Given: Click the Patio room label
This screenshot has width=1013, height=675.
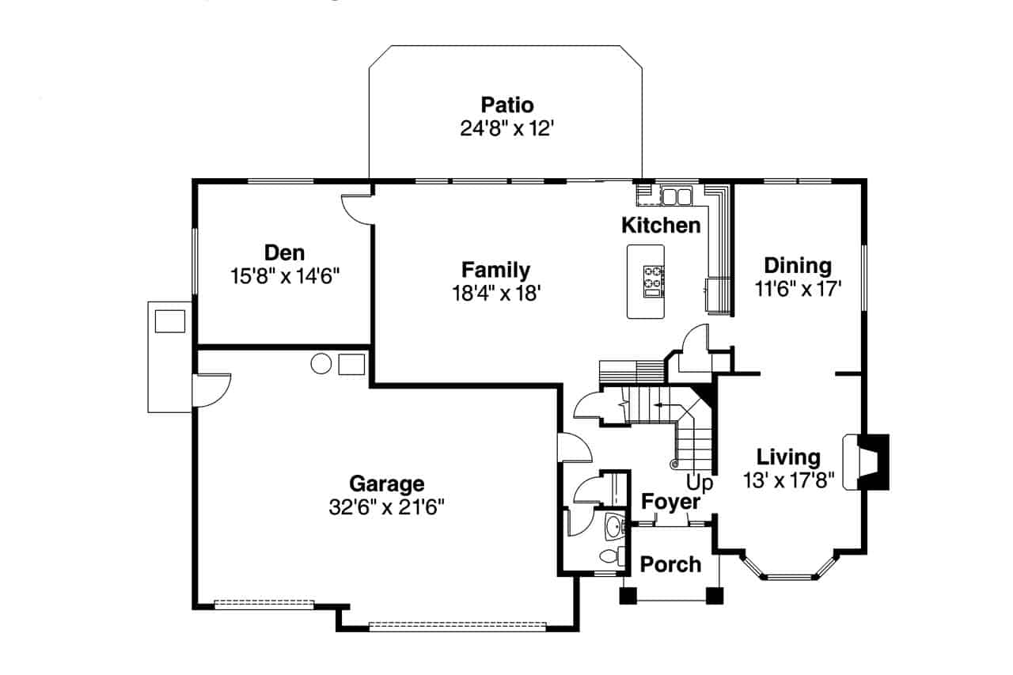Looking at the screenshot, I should pyautogui.click(x=506, y=104).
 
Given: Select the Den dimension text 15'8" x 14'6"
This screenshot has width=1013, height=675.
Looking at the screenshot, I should pyautogui.click(x=285, y=276).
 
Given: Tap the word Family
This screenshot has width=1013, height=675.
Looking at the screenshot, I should pyautogui.click(x=495, y=269).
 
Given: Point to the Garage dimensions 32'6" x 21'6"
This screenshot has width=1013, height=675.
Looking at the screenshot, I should pyautogui.click(x=386, y=507).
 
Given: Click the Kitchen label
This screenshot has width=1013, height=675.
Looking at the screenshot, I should pyautogui.click(x=661, y=226).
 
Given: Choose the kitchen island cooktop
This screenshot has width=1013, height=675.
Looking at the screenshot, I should pyautogui.click(x=653, y=278).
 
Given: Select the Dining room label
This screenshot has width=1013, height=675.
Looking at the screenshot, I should pyautogui.click(x=798, y=265).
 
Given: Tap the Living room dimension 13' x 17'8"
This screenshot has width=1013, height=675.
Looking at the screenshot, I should pyautogui.click(x=788, y=480).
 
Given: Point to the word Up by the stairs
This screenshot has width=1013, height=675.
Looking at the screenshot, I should pyautogui.click(x=700, y=482).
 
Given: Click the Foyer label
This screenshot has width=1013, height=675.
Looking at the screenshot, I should pyautogui.click(x=670, y=502).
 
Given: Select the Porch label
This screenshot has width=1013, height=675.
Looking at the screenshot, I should pyautogui.click(x=670, y=564).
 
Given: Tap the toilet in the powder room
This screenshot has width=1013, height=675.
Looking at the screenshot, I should pyautogui.click(x=610, y=556).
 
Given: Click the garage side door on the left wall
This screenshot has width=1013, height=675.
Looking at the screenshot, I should pyautogui.click(x=211, y=390).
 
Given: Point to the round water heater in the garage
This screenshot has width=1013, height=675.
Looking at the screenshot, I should pyautogui.click(x=321, y=364).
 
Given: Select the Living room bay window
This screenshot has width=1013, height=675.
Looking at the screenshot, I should pyautogui.click(x=788, y=571).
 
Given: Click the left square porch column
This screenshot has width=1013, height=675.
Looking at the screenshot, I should pyautogui.click(x=628, y=597).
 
